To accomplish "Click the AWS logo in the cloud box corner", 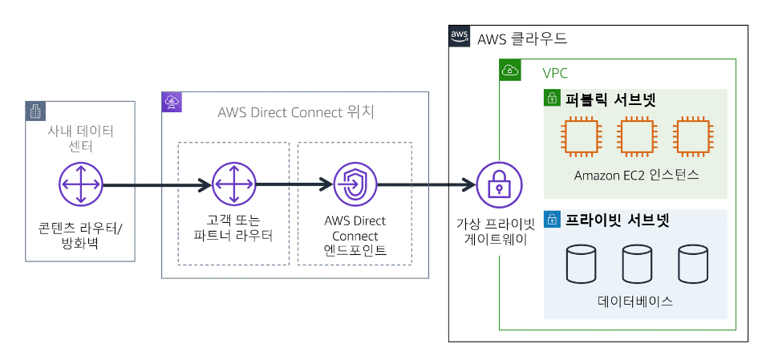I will click(460, 37).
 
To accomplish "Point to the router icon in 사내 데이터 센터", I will click(81, 184).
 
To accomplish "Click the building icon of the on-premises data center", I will click(35, 111).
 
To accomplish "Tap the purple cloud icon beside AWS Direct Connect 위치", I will click(172, 101).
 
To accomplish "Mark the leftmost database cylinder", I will click(581, 265).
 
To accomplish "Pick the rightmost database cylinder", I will click(691, 265).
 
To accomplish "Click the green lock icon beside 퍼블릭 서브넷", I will click(552, 99).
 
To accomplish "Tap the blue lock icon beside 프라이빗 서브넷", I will click(552, 219).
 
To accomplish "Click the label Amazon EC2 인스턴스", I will click(636, 175).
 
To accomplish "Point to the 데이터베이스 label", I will click(635, 302).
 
